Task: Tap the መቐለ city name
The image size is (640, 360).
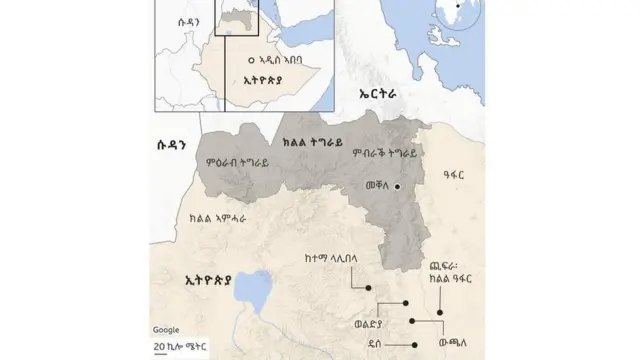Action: click(375, 186)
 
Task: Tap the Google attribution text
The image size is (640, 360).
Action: click(166, 330)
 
